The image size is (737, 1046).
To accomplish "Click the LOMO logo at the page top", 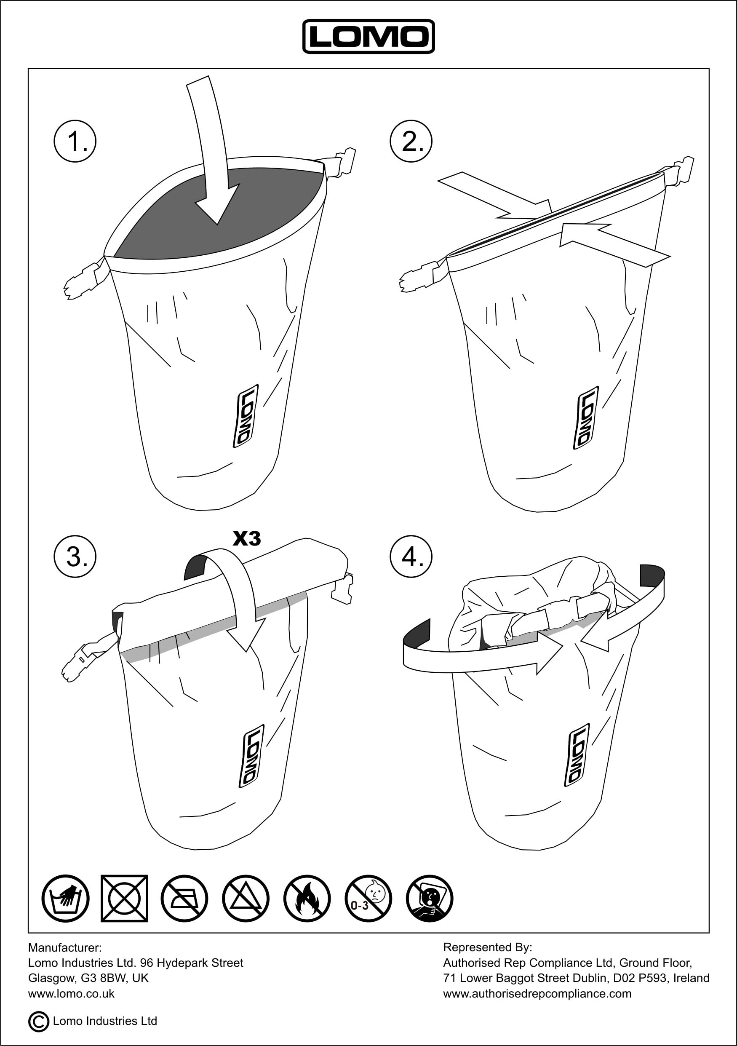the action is coord(368,37).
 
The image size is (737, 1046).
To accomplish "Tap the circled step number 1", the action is coord(75,141).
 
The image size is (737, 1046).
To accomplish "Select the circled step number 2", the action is coord(411,141).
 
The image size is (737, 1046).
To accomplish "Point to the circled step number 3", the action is coord(75,556).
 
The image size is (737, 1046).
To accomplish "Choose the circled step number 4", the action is coord(411,556).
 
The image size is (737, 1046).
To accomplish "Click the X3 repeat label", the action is coord(247,538).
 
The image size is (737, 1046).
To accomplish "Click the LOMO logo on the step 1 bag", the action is coord(246,416).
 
